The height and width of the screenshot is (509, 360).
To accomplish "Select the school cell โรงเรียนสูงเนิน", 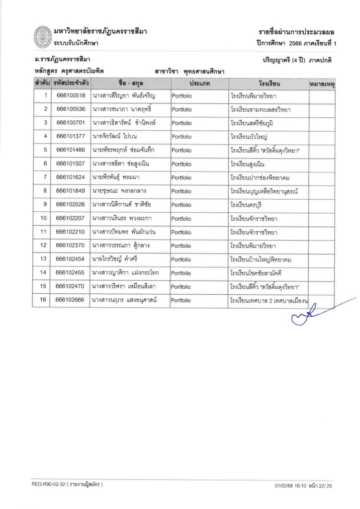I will (x=254, y=164).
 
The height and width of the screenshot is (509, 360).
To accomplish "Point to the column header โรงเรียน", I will (x=268, y=83).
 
